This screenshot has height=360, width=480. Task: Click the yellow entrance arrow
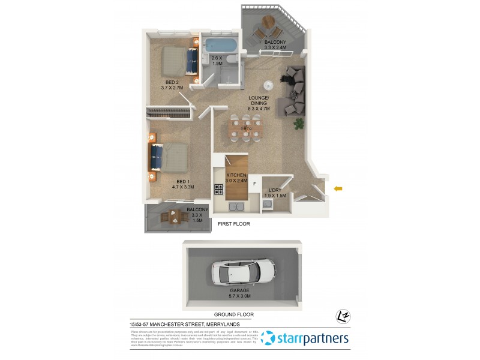pos(338,189)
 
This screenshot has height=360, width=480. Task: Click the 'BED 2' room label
pos(172,82)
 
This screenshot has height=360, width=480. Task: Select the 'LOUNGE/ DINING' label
pos(260,100)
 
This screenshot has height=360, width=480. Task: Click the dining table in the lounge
pos(247,127)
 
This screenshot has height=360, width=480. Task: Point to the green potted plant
pos(298,124)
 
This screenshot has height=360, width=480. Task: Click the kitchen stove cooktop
pos(219,190)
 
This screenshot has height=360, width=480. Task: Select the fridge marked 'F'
pos(254,184)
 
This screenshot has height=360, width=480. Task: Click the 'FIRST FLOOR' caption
pos(233,223)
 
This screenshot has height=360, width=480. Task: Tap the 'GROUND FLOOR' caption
pos(234,314)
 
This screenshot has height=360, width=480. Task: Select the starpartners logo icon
pos(268,338)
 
